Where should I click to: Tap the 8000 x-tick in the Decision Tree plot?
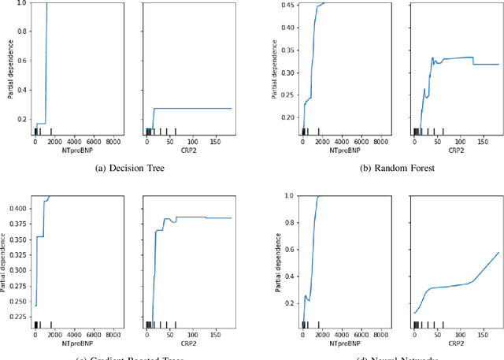tap(114, 142)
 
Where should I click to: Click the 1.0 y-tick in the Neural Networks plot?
tap(288, 195)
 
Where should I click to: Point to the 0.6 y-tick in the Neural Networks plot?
tap(288, 247)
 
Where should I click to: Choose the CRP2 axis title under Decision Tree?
tap(189, 150)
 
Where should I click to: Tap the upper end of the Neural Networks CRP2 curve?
tap(498, 253)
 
